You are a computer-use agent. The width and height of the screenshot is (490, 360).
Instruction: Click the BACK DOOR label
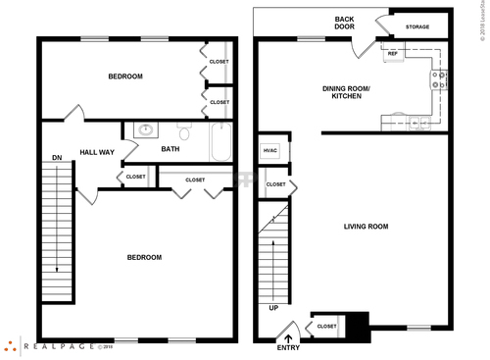[x=344, y=24]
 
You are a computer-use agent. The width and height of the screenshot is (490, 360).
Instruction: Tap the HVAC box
[x=271, y=150]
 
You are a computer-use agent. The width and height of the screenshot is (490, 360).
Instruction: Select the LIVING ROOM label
[x=366, y=227]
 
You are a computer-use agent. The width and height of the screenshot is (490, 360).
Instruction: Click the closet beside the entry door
[x=326, y=326]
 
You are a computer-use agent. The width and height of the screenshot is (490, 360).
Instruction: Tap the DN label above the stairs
[x=57, y=157]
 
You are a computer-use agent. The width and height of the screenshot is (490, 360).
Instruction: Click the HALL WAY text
[x=97, y=152]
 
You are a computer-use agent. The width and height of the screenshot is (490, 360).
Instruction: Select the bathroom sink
[x=145, y=129]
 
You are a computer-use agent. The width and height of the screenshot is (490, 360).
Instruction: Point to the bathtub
[x=220, y=142]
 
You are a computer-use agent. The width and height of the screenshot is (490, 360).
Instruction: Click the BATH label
[x=171, y=149]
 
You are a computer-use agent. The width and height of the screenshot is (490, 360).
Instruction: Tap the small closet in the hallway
[x=134, y=177]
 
